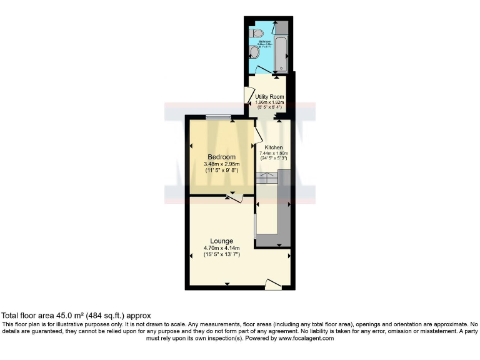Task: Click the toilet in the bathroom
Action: click(255, 32)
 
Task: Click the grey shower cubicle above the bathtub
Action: click(281, 29)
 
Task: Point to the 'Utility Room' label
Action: click(270, 97)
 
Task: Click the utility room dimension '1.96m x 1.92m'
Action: click(270, 102)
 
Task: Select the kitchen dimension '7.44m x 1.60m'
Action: click(274, 153)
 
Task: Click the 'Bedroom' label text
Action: click(221, 156)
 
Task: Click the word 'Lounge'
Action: click(222, 241)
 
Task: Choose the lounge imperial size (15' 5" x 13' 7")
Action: click(222, 254)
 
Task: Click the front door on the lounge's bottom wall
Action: click(273, 284)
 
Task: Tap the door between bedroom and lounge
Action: click(235, 197)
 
